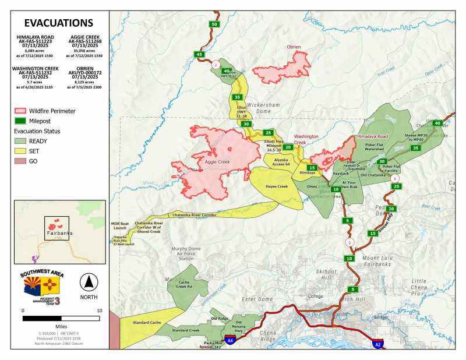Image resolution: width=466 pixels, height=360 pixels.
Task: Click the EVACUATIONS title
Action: pyautogui.click(x=58, y=23)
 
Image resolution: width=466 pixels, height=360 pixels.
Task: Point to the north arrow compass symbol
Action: pyautogui.click(x=89, y=281)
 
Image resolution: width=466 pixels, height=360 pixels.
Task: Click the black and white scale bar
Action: pyautogui.click(x=61, y=319)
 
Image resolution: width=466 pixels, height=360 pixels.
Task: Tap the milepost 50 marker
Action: pyautogui.click(x=214, y=24)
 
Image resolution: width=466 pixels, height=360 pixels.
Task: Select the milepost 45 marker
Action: pyautogui.click(x=200, y=54)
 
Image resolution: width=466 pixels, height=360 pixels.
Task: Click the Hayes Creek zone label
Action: pyautogui.click(x=277, y=186)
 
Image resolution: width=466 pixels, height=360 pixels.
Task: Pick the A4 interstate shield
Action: pyautogui.click(x=231, y=340)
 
